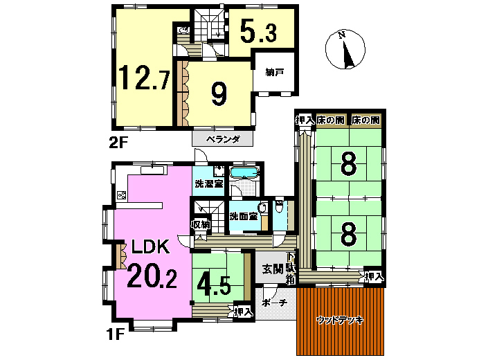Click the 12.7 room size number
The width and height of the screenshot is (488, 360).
point(144,78)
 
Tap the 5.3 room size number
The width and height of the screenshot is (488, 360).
point(258,30)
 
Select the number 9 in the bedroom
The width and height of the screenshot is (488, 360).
point(219,93)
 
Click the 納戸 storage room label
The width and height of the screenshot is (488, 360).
point(274,73)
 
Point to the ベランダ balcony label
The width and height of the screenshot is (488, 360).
point(223,139)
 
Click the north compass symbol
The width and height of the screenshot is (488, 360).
point(345,49)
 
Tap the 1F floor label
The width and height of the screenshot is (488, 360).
point(116,335)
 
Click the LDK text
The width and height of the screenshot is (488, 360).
point(150,246)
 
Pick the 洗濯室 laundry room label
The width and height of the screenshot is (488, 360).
point(209,183)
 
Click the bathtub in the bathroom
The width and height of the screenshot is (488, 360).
point(244,172)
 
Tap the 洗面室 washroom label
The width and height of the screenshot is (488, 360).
point(244,216)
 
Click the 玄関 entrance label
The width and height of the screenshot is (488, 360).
point(272,269)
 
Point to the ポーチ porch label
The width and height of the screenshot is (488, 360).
point(274,303)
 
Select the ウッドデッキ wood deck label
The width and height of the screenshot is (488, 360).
point(340,320)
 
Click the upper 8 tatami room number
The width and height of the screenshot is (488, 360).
point(349,164)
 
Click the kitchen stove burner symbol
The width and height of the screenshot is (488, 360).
point(122,195)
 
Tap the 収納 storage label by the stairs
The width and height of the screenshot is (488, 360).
point(201,224)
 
